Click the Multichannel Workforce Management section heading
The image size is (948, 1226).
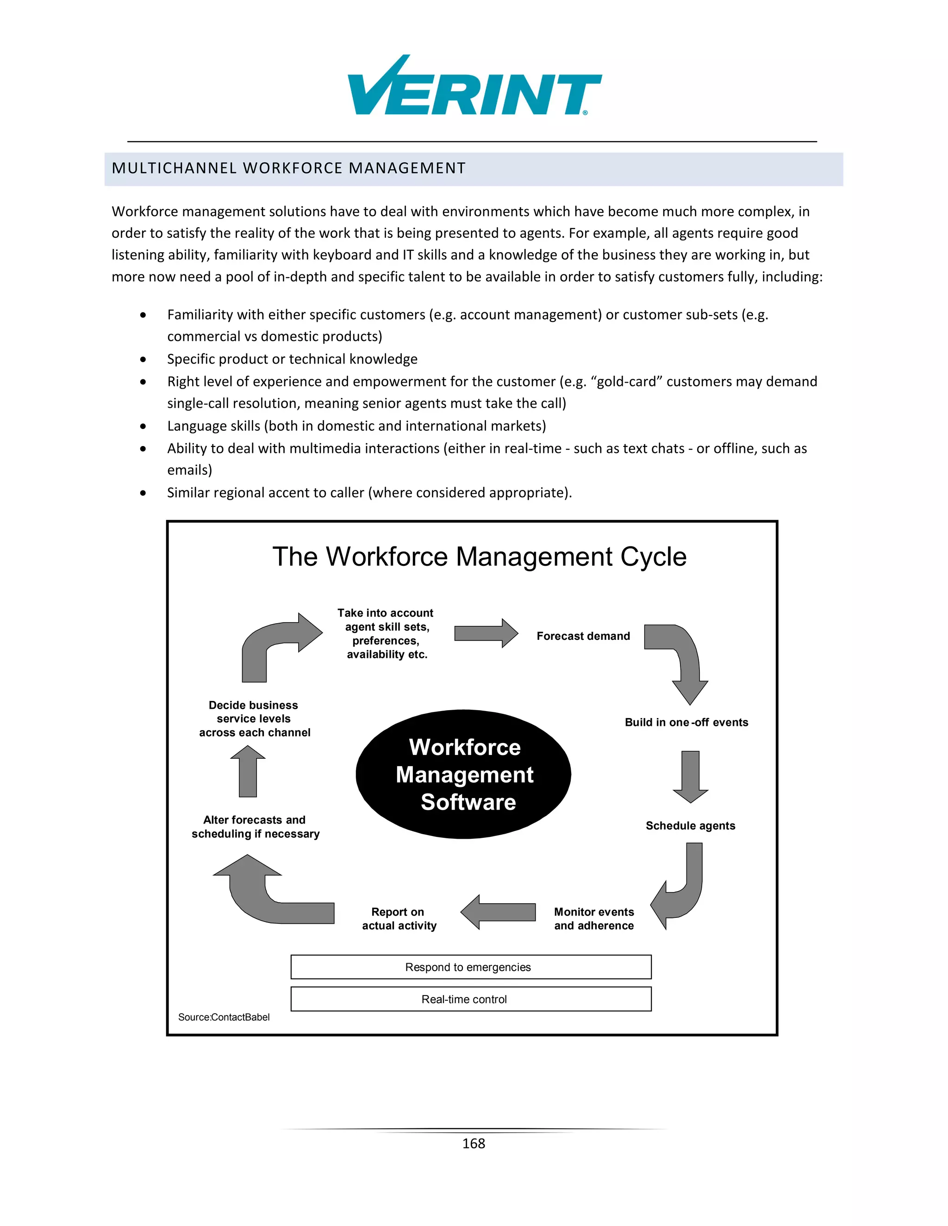click(289, 168)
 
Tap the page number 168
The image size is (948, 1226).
click(474, 1144)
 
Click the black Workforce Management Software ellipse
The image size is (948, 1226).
click(464, 774)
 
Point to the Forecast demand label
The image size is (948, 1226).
click(583, 636)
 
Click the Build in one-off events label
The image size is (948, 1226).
click(686, 723)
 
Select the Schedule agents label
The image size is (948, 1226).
click(690, 826)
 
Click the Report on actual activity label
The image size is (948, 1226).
click(399, 919)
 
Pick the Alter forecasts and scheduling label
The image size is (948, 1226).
click(256, 827)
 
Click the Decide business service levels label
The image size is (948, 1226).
click(255, 719)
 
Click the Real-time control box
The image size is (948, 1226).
click(471, 999)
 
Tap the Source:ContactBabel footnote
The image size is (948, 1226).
click(224, 1017)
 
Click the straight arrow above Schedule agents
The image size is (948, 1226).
click(690, 776)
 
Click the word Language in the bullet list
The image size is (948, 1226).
click(194, 426)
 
